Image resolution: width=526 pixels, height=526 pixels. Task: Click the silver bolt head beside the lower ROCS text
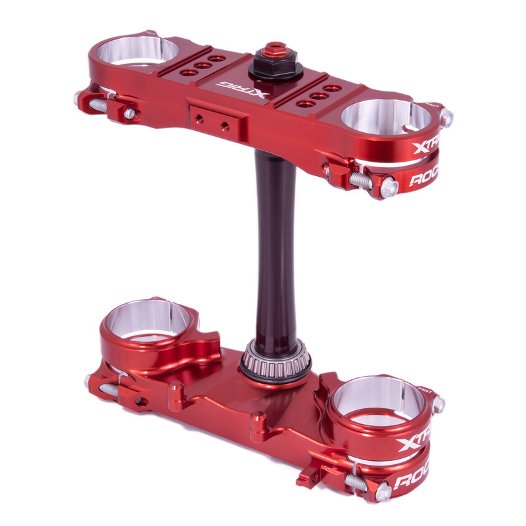click(381, 490)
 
